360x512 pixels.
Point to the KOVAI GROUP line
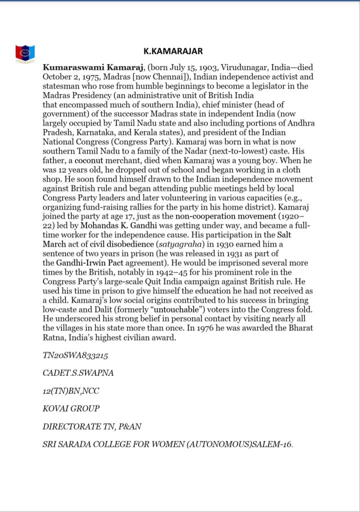(71, 408)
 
